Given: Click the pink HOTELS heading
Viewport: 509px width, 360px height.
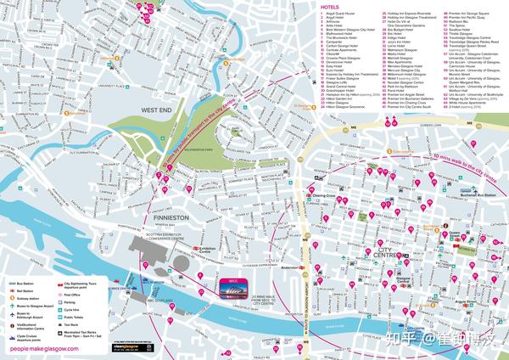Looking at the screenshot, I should coord(331,8).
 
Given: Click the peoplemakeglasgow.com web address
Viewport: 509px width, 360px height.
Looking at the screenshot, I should coord(41,348).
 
